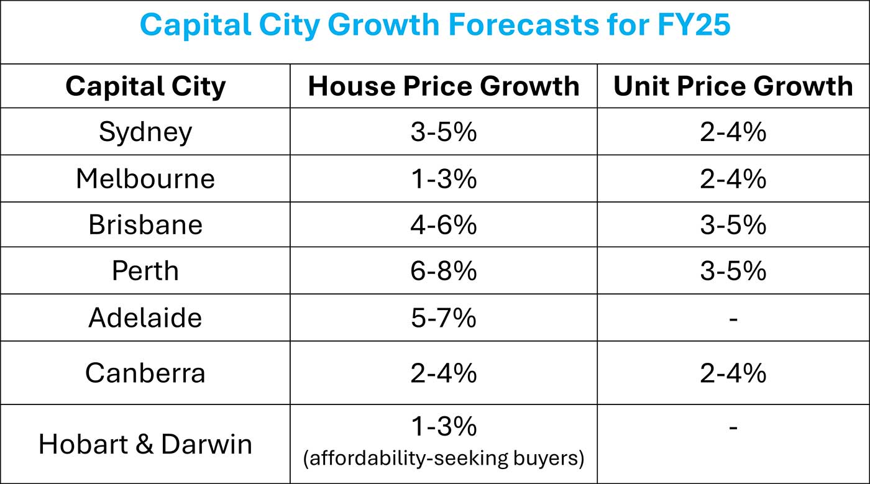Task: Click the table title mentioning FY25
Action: [x=435, y=25]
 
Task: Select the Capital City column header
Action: [x=145, y=86]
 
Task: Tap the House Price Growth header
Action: [x=444, y=86]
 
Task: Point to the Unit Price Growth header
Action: [x=733, y=86]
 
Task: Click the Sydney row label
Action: [x=145, y=132]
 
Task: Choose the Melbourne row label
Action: [x=145, y=179]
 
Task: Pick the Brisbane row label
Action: [x=145, y=224]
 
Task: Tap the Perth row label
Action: [x=145, y=271]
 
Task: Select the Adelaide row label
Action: [x=145, y=317]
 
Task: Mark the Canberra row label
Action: [x=145, y=373]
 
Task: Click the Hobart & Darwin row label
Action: [x=145, y=444]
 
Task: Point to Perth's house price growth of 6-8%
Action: [x=444, y=271]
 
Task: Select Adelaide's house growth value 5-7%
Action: [x=444, y=317]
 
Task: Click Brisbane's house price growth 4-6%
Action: [x=444, y=224]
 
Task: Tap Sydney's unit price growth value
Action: [x=733, y=132]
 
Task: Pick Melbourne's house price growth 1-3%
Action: [x=444, y=179]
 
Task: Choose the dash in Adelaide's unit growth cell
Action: [x=733, y=319]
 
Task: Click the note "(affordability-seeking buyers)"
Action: [x=444, y=459]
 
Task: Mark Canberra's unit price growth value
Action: [x=733, y=373]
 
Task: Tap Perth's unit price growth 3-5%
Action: [x=733, y=271]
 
